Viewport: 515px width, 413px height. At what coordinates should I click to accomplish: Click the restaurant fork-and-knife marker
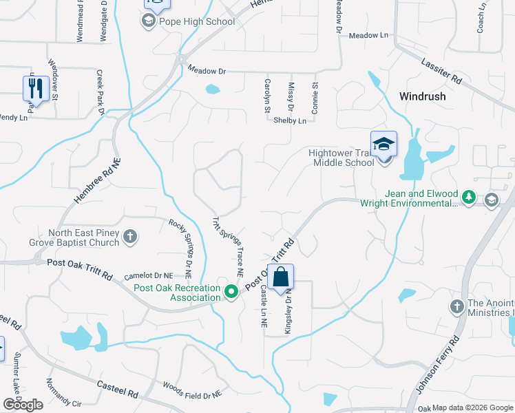35,88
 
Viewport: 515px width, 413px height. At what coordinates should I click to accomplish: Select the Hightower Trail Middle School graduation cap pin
383,145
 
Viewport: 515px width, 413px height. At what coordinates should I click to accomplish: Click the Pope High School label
197,21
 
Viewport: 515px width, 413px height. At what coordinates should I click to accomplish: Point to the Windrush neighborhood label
421,96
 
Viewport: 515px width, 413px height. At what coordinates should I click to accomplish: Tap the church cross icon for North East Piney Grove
130,238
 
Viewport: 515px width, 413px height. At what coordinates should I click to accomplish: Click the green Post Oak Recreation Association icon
232,293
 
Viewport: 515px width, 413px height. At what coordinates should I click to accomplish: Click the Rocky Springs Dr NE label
184,244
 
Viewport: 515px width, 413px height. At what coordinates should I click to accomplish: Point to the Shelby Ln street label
289,120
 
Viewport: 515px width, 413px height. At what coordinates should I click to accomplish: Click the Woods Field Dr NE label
192,390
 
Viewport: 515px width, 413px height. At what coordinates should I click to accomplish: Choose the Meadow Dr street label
207,71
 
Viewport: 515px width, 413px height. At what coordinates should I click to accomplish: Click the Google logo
23,405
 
